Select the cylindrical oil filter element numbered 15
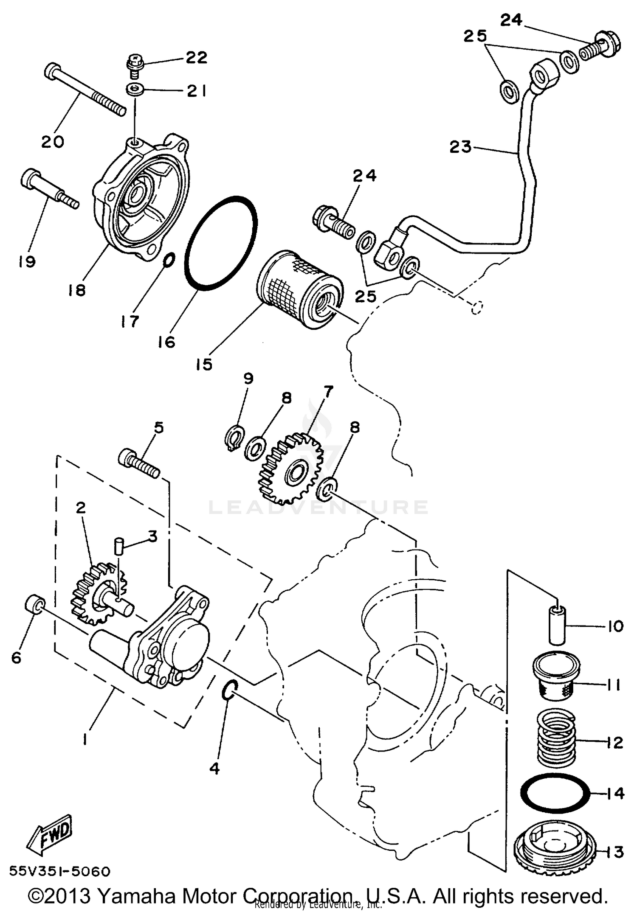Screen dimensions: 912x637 click(x=299, y=291)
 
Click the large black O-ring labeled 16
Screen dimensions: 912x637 click(x=221, y=243)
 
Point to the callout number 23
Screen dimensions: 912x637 click(x=460, y=147)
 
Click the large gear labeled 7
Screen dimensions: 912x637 click(x=290, y=469)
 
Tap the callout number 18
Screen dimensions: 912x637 click(x=77, y=290)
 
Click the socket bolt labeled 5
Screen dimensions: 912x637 click(x=139, y=464)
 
